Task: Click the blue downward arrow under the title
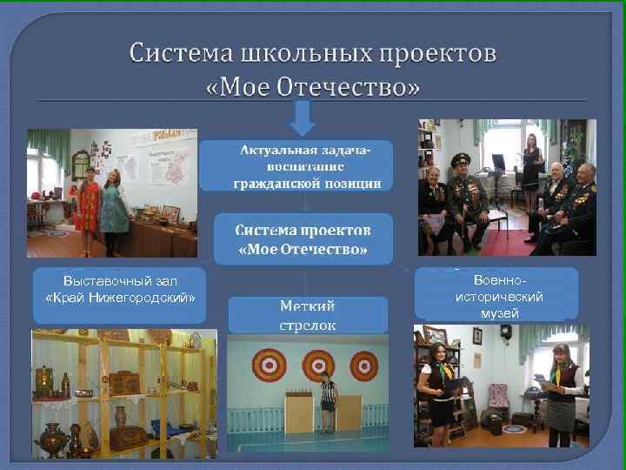tap(302, 118)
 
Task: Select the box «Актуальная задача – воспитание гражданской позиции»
tap(295, 166)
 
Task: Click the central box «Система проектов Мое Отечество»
tap(303, 240)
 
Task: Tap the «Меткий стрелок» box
tap(307, 315)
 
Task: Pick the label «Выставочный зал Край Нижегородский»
tap(120, 291)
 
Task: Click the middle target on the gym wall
tap(317, 365)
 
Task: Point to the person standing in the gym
tap(328, 401)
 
